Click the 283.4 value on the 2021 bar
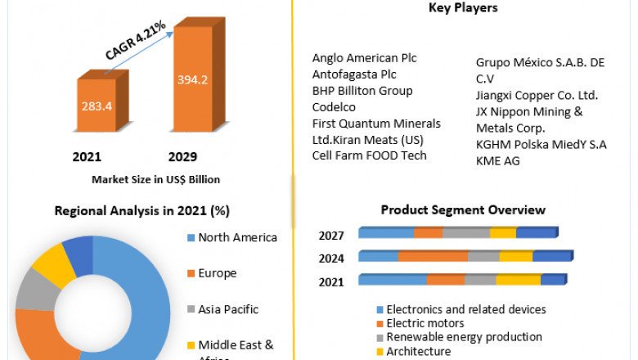[97, 106]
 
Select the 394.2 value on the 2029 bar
[192, 79]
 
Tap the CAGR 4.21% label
[136, 40]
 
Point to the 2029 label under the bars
[182, 156]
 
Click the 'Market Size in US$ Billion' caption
[155, 179]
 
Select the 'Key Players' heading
[463, 8]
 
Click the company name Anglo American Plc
[364, 58]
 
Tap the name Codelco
[334, 107]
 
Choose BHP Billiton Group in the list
[362, 91]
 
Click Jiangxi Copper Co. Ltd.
[537, 95]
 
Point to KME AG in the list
[498, 160]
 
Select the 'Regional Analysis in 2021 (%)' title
[142, 210]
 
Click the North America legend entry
[237, 238]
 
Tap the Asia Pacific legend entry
[228, 309]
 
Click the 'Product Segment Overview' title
[463, 210]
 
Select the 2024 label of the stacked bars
[331, 259]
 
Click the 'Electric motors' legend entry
[426, 323]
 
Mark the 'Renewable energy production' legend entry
[464, 337]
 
